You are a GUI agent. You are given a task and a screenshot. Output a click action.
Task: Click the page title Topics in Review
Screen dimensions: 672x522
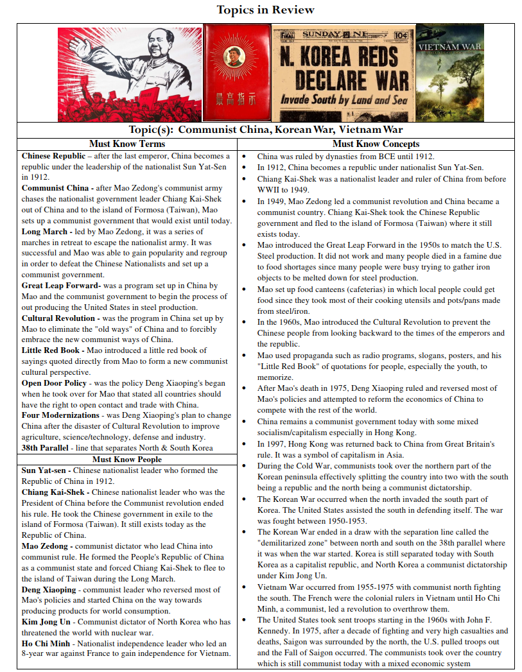click(265, 10)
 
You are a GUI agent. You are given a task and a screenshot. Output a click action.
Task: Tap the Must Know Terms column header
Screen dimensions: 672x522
click(126, 144)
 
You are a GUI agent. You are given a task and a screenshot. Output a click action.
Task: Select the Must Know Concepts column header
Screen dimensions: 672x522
click(376, 144)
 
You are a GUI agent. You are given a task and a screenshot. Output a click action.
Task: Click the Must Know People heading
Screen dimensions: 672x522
click(126, 459)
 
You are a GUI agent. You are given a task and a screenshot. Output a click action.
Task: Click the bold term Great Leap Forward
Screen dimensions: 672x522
click(60, 286)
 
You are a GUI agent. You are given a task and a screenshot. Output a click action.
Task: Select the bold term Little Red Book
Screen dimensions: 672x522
click(51, 350)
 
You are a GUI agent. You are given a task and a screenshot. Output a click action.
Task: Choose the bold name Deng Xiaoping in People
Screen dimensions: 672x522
click(49, 589)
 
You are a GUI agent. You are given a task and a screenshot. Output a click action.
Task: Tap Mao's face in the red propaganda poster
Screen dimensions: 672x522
click(157, 49)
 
